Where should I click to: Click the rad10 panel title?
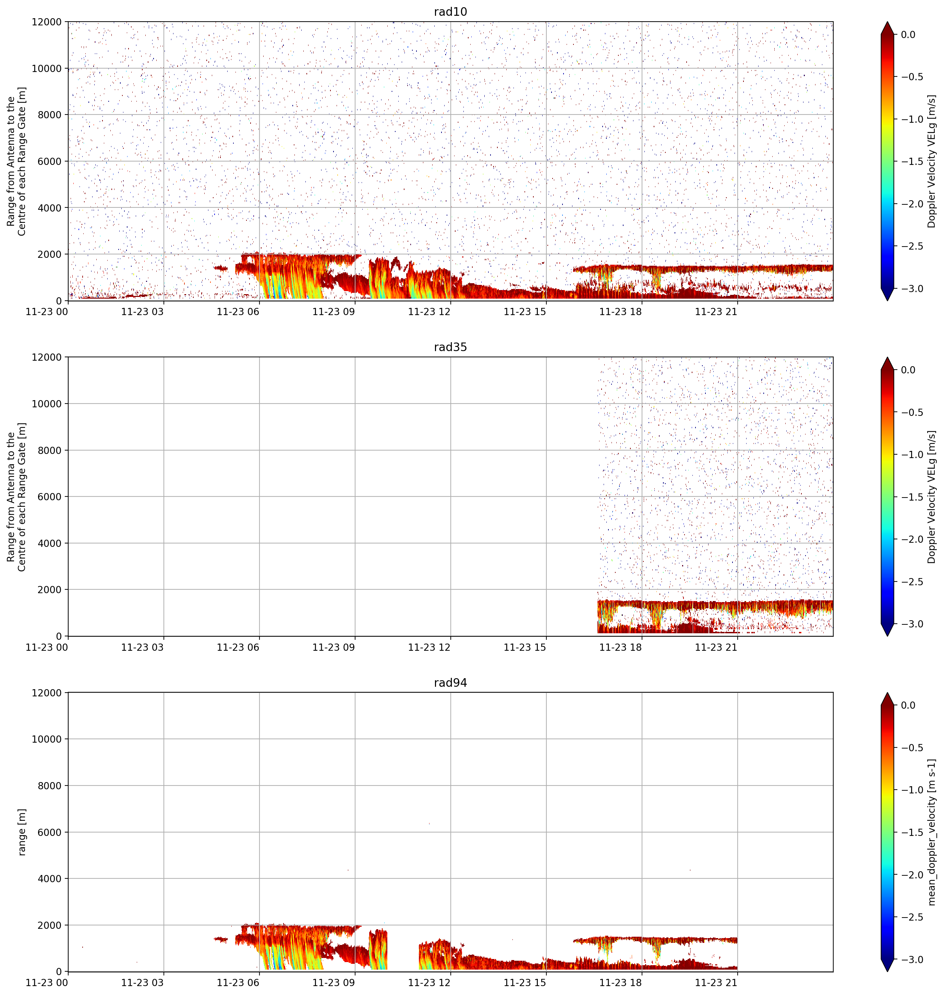pyautogui.click(x=450, y=12)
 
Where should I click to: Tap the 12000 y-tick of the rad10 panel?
pyautogui.click(x=47, y=22)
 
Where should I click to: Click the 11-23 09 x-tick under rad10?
pyautogui.click(x=334, y=312)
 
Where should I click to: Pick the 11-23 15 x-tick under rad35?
pyautogui.click(x=525, y=647)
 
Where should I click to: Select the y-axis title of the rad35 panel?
pyautogui.click(x=16, y=497)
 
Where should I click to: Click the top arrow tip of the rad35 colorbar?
pyautogui.click(x=887, y=357)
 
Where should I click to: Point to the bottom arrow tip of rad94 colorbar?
pyautogui.click(x=887, y=972)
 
